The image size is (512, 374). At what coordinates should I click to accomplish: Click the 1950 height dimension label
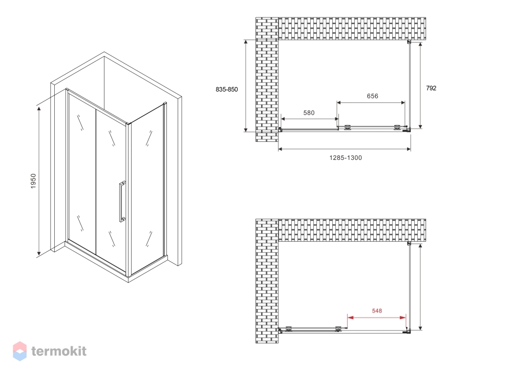[33, 181]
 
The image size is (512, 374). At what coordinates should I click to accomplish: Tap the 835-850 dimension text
[227, 90]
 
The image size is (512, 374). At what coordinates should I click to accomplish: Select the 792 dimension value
[431, 88]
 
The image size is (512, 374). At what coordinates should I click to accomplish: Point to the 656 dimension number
[372, 96]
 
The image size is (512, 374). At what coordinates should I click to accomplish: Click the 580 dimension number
[309, 113]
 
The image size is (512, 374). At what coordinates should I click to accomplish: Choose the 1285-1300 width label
[346, 158]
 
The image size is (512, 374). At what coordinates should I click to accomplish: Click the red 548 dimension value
[377, 310]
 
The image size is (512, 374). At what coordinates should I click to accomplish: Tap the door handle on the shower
[122, 201]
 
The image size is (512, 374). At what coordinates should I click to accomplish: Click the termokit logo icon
[19, 351]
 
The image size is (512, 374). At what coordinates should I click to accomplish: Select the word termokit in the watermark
[59, 351]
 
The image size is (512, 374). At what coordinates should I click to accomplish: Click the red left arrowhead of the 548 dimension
[350, 317]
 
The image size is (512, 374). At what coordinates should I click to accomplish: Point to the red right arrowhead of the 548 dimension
[403, 317]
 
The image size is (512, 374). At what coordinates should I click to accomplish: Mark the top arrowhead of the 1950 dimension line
[39, 109]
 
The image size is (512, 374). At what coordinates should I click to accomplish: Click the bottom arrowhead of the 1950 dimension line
[39, 253]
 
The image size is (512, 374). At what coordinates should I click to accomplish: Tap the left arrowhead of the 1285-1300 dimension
[280, 149]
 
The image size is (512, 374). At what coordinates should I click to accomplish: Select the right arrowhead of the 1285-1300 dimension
[409, 149]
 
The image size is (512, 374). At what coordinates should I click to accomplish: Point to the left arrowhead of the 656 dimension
[339, 102]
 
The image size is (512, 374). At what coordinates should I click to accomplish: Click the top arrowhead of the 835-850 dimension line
[246, 43]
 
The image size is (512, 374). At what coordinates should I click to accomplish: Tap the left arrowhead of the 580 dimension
[283, 119]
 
